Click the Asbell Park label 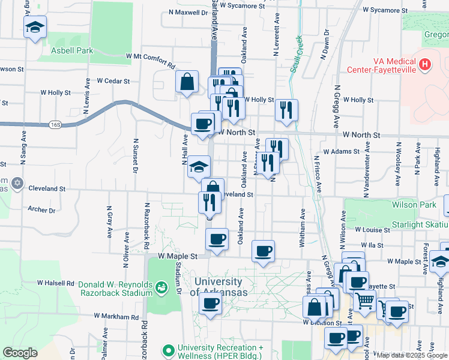click(x=72, y=51)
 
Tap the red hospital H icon click(x=425, y=64)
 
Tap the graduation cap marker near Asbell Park click(x=35, y=27)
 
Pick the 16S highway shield click(x=56, y=125)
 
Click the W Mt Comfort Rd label click(x=150, y=60)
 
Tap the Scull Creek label click(x=295, y=54)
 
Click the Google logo click(x=19, y=352)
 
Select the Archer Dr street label click(x=41, y=210)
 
